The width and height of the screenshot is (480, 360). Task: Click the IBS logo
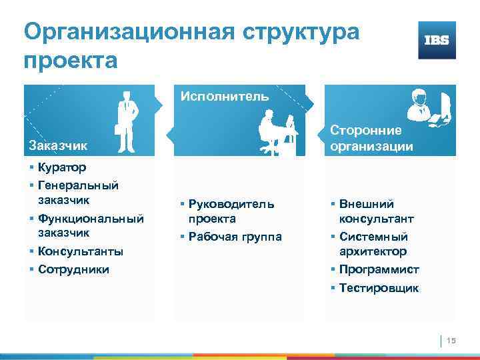(437, 40)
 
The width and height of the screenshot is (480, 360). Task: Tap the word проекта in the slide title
(70, 61)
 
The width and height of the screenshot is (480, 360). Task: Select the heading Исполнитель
(225, 96)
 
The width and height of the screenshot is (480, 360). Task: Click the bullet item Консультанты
(80, 251)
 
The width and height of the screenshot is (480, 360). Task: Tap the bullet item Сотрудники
(73, 269)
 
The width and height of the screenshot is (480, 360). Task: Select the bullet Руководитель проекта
(230, 211)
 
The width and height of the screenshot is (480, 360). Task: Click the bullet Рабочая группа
(235, 237)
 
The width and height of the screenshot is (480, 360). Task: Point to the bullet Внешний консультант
(376, 211)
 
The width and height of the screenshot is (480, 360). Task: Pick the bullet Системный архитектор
(373, 244)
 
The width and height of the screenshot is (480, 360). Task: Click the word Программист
(379, 270)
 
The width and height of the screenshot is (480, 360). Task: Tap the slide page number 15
(450, 341)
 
